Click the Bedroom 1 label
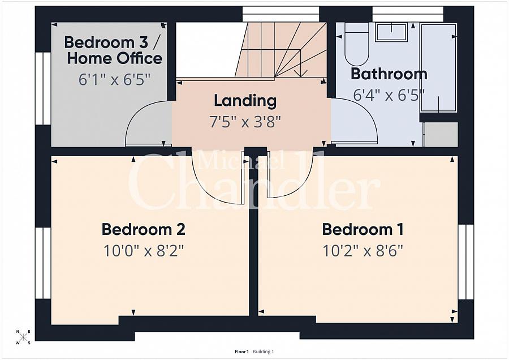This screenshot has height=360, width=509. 363,229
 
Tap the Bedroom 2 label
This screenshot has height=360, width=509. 144,229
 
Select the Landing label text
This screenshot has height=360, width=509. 245,101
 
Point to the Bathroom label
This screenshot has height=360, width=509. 389,74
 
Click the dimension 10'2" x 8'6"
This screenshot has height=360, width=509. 363,251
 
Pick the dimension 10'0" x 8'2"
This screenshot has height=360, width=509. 144,251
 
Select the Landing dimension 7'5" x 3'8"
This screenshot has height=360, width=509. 245,122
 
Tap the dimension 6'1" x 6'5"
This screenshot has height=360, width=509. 115,80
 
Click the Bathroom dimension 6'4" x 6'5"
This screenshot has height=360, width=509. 389,95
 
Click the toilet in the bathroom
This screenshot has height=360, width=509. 356,45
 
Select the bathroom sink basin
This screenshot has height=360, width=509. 391,32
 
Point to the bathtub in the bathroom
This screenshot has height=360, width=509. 438,68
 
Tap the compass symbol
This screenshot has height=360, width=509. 23,337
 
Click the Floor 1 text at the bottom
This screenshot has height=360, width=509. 241,352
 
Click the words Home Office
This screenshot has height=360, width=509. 115,58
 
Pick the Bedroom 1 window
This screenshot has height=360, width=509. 466,262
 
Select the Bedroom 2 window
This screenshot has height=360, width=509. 43,263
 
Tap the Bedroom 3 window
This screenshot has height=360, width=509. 43,88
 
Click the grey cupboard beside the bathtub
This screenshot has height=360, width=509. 442,134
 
